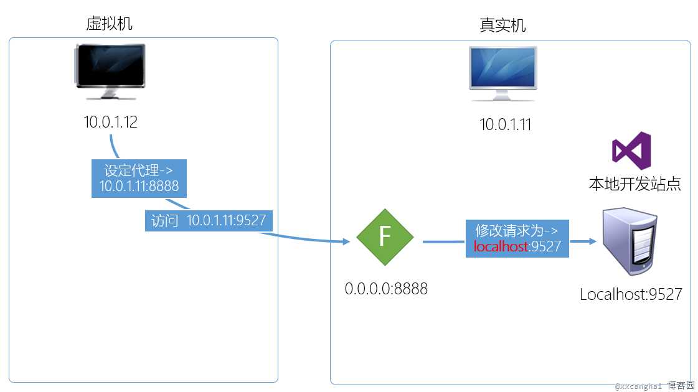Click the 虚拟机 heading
pos(110,23)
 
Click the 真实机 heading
pos(502,25)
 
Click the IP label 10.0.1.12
pos(111,122)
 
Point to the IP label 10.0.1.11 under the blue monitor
pos(505,124)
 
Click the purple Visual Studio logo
pos(631,151)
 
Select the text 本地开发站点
pos(634,184)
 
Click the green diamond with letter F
pos(385,237)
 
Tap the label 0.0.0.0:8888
pos(386,289)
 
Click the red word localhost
pos(501,246)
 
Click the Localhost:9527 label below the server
pos(631,294)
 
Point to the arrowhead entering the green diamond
pos(346,241)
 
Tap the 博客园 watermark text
pos(681,386)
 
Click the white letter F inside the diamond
pos(385,237)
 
